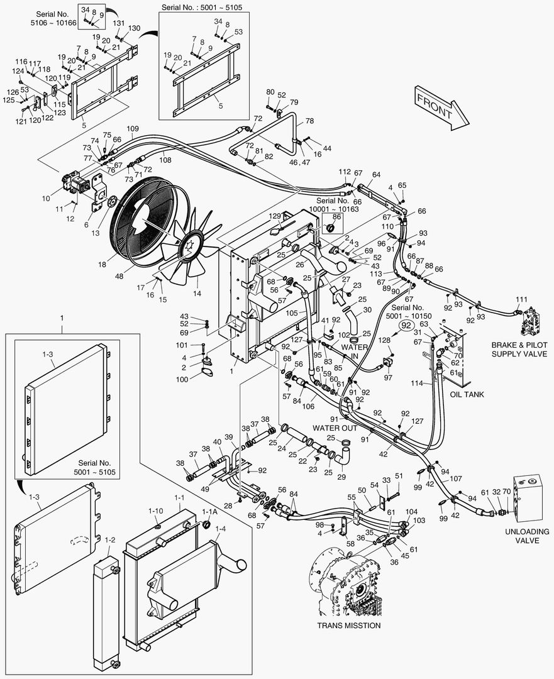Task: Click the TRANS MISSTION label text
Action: point(348,626)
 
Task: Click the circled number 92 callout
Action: point(407,326)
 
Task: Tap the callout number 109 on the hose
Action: point(133,128)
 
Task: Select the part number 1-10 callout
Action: point(155,511)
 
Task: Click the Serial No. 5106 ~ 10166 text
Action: point(53,18)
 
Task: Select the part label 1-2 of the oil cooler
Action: point(110,539)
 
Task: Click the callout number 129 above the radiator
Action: point(275,216)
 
